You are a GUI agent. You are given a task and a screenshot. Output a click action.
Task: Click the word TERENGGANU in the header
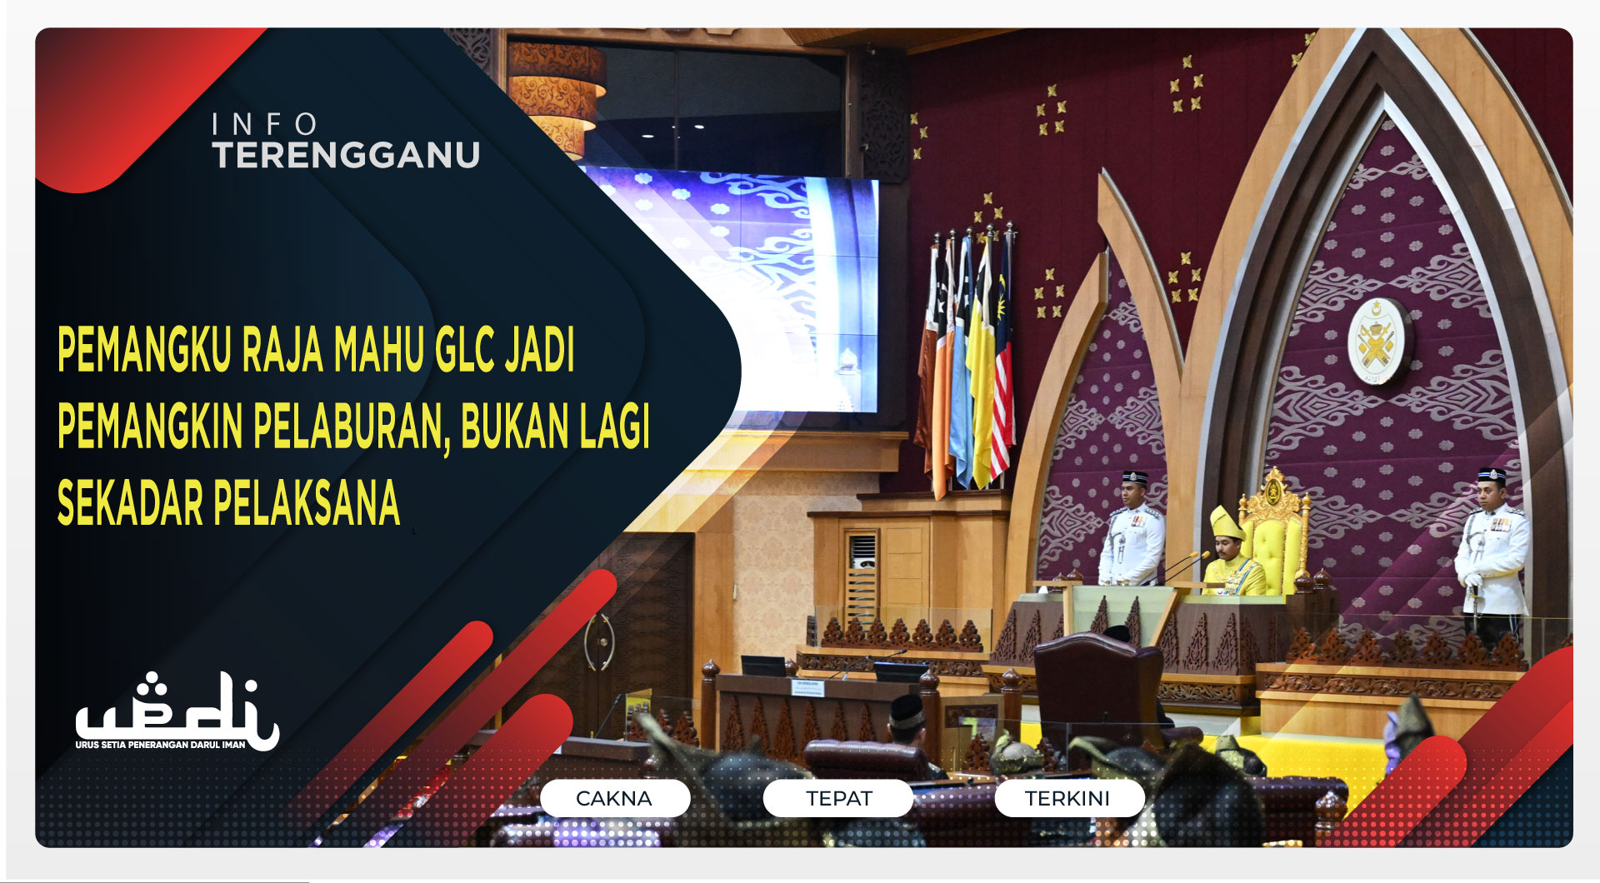[x=346, y=156]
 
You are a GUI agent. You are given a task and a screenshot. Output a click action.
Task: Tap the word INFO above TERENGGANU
[x=264, y=125]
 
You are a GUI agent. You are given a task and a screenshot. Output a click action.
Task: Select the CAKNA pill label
[x=614, y=798]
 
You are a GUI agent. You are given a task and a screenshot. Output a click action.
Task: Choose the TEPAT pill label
[x=838, y=798]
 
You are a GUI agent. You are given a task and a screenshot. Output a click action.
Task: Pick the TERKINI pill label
[x=1067, y=798]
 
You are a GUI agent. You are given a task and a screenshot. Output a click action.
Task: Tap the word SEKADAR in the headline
[x=129, y=503]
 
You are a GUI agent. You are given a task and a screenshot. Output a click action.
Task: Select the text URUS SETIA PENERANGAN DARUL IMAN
[x=160, y=745]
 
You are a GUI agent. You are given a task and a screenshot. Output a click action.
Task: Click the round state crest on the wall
[x=1377, y=342]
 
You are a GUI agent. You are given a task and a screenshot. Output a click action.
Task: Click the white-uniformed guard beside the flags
[x=1131, y=533]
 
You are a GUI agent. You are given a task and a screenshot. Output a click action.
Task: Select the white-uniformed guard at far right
[x=1492, y=554]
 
